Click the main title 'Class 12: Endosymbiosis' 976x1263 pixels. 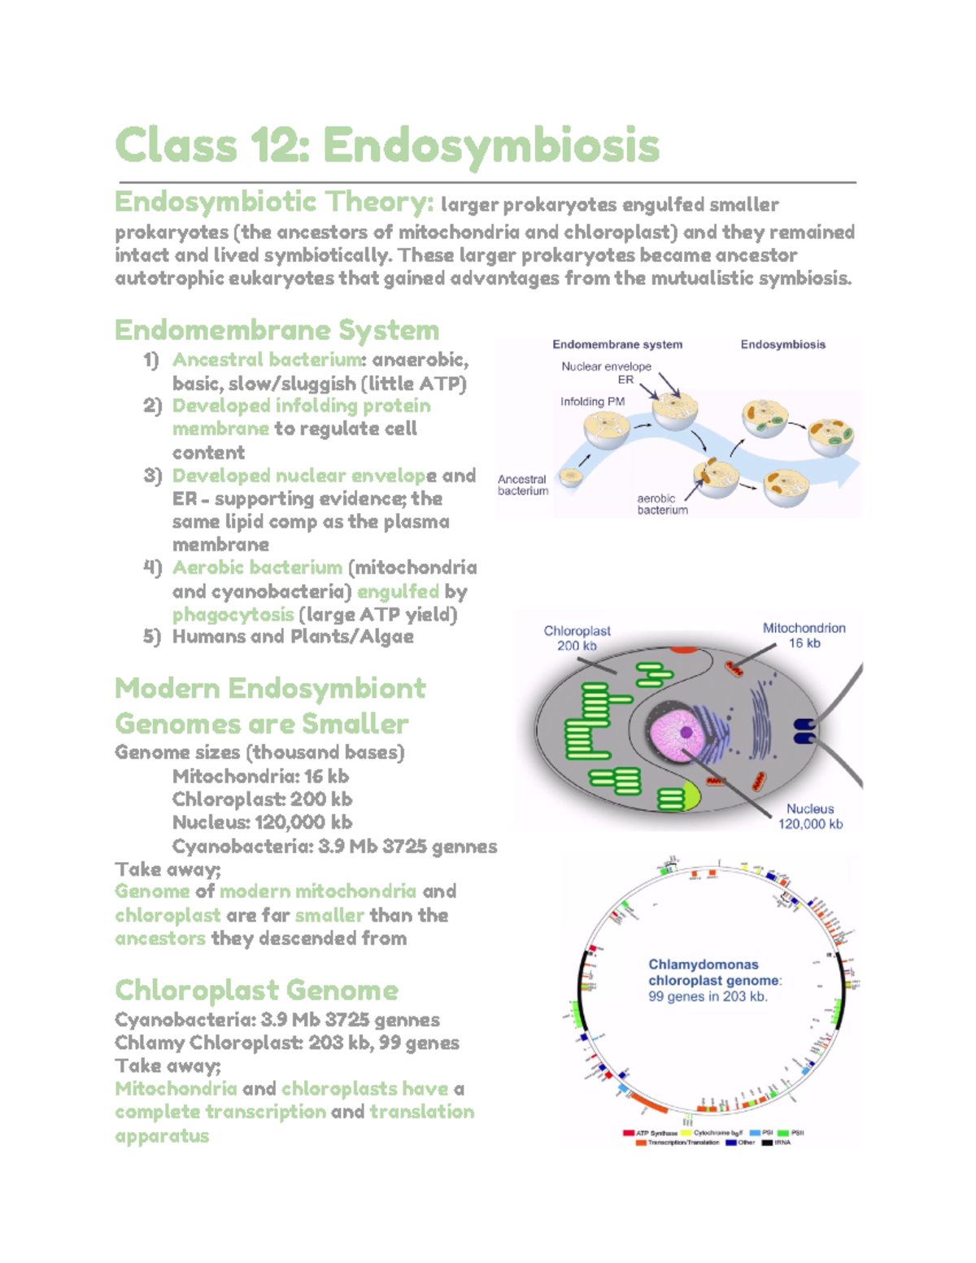click(387, 146)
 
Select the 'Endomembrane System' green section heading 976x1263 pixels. click(277, 330)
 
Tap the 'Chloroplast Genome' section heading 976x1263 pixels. click(256, 991)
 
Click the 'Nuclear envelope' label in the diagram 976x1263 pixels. click(606, 367)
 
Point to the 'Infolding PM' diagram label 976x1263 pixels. click(592, 402)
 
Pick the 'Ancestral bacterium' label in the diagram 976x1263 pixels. click(522, 485)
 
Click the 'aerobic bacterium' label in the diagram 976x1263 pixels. click(661, 504)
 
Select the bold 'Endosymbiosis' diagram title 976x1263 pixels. click(782, 345)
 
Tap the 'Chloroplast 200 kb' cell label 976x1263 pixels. click(577, 638)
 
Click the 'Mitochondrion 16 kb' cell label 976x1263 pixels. click(804, 635)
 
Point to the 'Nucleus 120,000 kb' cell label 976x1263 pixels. click(810, 817)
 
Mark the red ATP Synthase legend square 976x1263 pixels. click(629, 1133)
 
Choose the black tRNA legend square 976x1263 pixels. click(766, 1143)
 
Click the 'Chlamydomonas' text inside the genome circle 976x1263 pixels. click(703, 965)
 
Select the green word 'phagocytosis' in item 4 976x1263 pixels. click(233, 615)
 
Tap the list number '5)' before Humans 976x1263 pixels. click(152, 637)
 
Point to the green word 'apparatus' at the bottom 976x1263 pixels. click(162, 1135)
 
